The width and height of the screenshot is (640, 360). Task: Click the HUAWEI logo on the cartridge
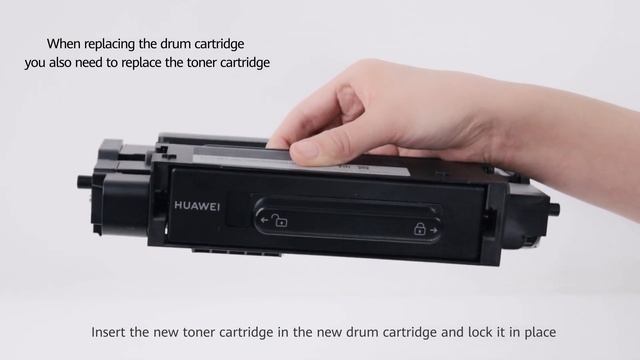coord(197,206)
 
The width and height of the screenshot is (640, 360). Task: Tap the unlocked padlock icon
coord(280,220)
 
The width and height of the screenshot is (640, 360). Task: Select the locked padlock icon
coord(419,229)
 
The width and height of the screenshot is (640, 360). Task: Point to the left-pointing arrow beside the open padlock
coord(264,220)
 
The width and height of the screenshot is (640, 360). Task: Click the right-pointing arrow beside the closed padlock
coord(433,230)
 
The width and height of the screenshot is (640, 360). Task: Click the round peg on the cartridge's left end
coord(84,180)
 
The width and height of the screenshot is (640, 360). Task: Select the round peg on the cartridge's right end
coord(554,209)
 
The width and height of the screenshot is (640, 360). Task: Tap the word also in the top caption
coord(61,63)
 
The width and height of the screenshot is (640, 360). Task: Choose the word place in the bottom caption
coord(540,333)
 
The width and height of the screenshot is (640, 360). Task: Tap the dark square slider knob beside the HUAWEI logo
coord(239,209)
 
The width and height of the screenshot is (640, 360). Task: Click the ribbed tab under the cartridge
coord(237,252)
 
